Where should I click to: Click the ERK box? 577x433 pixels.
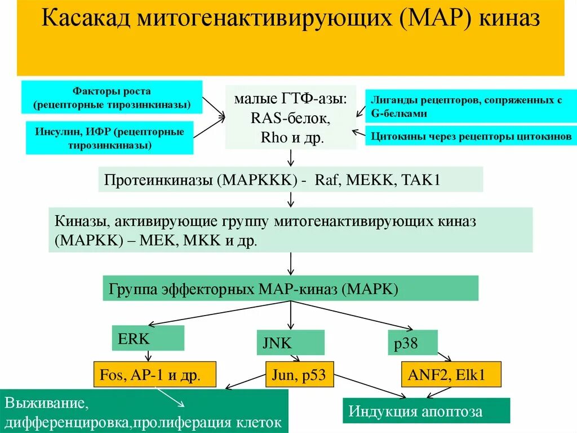coord(148,338)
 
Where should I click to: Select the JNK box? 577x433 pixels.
coord(290,343)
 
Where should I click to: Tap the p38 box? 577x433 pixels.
coord(412,343)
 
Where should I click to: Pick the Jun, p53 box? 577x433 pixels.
coord(299,374)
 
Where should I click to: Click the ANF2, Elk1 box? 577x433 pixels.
coord(451,374)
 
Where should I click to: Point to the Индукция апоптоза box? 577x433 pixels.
coord(426,410)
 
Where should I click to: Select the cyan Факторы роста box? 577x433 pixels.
coord(112,97)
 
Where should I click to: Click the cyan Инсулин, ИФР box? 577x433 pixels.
coord(109,138)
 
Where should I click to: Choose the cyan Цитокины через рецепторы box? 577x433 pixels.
coord(471,136)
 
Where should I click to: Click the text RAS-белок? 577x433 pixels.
coord(290,119)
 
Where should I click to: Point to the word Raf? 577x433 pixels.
coord(327,180)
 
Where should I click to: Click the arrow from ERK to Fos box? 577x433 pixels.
coord(148,356)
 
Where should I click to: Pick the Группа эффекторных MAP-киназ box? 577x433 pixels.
coord(290,288)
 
